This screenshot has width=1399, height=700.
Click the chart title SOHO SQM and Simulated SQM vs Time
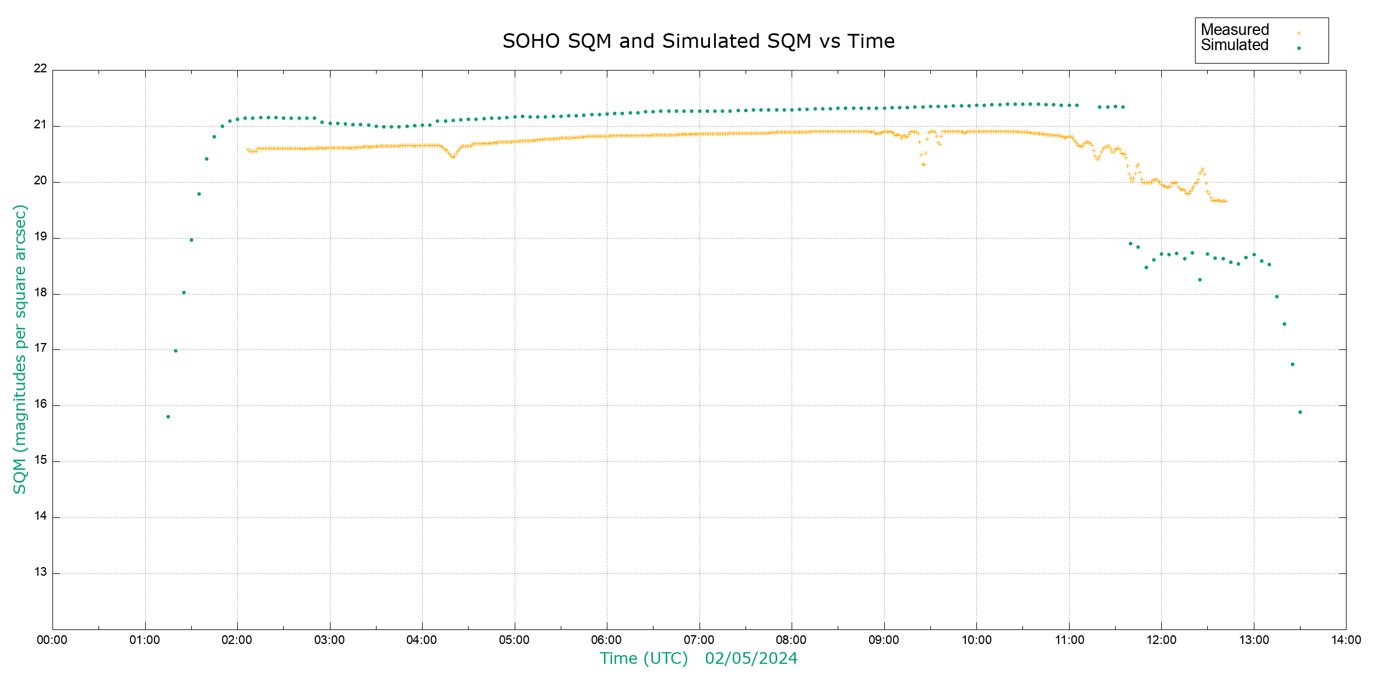click(x=698, y=41)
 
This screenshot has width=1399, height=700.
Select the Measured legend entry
click(x=1235, y=30)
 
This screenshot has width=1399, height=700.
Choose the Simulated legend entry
click(x=1235, y=45)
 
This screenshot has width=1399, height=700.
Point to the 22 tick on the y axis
click(x=40, y=69)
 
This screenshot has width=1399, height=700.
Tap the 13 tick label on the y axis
click(x=40, y=572)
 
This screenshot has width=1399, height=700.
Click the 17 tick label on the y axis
click(x=40, y=349)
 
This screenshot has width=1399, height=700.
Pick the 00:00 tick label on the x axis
click(x=52, y=640)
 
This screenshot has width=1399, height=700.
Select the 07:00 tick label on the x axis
click(x=699, y=640)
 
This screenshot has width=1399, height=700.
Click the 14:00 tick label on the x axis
click(x=1346, y=640)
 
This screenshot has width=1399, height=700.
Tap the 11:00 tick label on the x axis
click(x=1069, y=640)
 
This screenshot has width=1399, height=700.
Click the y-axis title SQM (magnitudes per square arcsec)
click(x=20, y=349)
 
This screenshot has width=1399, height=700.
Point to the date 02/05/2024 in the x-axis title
click(x=751, y=659)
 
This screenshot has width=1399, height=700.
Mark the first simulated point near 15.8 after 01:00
click(x=168, y=417)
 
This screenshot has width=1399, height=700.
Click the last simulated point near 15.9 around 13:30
click(x=1300, y=412)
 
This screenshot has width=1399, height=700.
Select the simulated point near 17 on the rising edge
click(x=175, y=351)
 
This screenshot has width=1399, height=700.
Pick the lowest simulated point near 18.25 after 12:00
click(x=1200, y=280)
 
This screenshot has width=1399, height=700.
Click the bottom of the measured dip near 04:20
click(x=452, y=157)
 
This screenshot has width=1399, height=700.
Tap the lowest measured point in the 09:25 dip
click(x=923, y=164)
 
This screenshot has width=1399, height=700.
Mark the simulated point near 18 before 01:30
click(x=184, y=293)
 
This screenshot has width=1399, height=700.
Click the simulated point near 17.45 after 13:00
click(x=1284, y=324)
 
